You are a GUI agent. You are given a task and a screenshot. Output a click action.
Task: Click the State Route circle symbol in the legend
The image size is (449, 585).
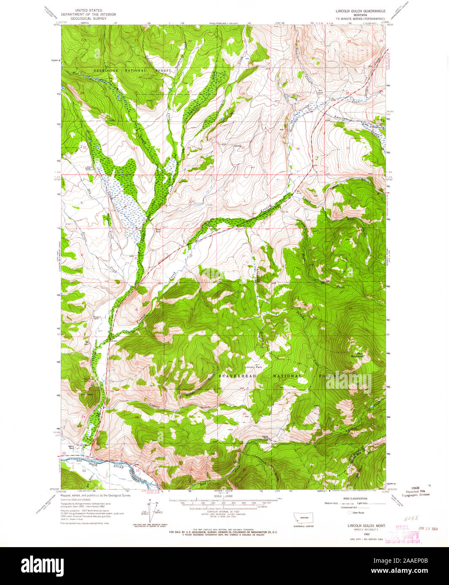350,513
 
